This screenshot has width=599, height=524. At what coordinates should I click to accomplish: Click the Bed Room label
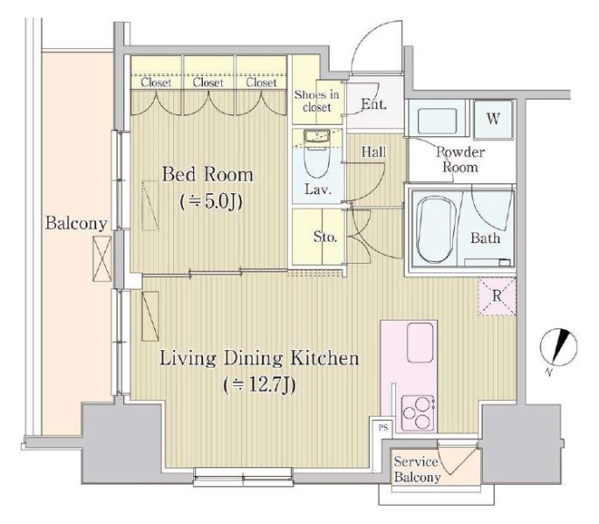[207, 175]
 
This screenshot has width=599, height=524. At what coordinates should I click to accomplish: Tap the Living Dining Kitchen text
[259, 358]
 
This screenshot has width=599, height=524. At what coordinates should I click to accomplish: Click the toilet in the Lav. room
[317, 156]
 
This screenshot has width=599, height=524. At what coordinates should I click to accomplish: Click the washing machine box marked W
[493, 120]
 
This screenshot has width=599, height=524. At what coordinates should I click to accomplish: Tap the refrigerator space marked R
[497, 297]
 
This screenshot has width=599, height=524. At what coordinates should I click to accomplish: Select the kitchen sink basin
[421, 342]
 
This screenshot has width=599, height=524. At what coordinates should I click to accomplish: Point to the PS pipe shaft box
[383, 427]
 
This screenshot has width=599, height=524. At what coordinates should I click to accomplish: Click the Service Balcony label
[417, 470]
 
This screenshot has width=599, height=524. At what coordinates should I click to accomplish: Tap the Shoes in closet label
[317, 100]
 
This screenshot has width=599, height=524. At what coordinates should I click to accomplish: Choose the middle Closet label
[208, 82]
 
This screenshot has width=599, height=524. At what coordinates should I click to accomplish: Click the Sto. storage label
[325, 238]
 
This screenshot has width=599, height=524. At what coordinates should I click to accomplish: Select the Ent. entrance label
[374, 104]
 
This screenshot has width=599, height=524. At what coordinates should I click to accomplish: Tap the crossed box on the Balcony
[102, 259]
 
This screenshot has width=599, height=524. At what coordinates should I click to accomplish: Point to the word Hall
[373, 152]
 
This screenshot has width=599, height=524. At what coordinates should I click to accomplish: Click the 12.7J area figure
[260, 385]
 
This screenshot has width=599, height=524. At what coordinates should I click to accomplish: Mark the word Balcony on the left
[76, 224]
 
